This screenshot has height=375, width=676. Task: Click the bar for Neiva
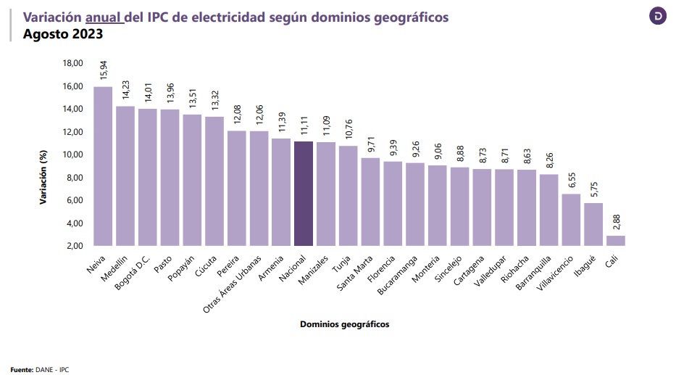tap(103, 166)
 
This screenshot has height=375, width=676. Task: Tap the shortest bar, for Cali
tap(615, 240)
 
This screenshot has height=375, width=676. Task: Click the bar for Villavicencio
tap(571, 220)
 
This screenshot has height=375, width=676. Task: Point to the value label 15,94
tap(104, 70)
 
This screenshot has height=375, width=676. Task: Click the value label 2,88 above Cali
tap(616, 221)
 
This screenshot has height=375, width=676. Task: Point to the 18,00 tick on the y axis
tap(72, 63)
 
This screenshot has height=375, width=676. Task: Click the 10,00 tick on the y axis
tap(72, 154)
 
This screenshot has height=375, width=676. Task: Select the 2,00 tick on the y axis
tap(74, 246)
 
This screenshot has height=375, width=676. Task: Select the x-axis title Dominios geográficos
tap(344, 324)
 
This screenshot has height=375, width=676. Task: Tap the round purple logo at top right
tap(657, 16)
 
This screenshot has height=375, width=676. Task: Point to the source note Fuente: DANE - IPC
tap(39, 369)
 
